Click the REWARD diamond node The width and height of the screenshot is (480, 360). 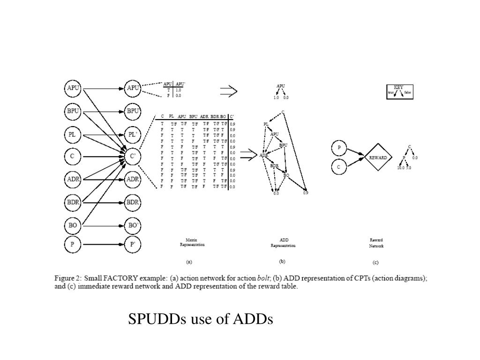[378, 157]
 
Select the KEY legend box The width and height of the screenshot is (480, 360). [399, 92]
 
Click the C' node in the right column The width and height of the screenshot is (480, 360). [133, 156]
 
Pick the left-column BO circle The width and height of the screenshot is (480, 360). [73, 225]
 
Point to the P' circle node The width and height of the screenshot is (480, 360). [133, 244]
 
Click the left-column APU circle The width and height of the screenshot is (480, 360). [73, 88]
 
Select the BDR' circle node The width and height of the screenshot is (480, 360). [133, 202]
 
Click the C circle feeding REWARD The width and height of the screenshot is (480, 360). [339, 166]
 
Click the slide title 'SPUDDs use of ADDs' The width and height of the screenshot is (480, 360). [201, 319]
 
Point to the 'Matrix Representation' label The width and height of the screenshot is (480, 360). [192, 242]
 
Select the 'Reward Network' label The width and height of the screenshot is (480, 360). [376, 242]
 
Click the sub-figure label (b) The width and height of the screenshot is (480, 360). [282, 262]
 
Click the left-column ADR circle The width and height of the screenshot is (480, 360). [73, 179]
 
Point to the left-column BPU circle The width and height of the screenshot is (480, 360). [73, 112]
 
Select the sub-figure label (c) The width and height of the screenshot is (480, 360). [375, 262]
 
